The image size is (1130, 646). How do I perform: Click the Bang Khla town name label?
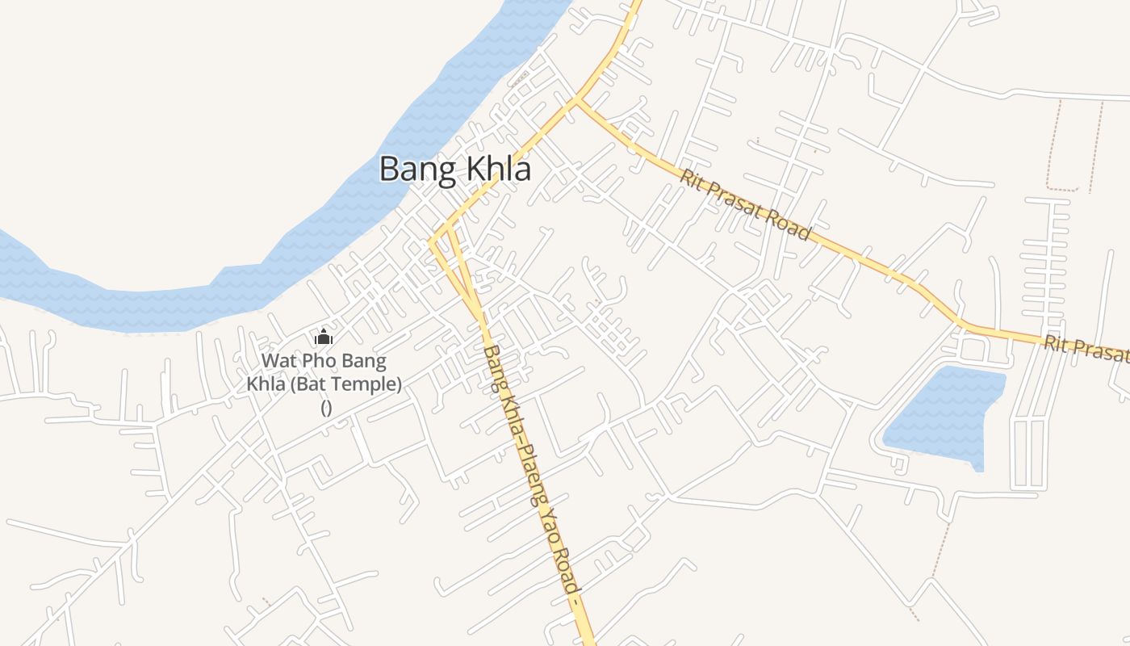point(455,170)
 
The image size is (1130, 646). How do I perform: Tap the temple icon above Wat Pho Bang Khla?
point(324,337)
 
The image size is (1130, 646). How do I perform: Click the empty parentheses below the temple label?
point(326,407)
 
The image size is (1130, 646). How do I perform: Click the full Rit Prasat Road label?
point(744,205)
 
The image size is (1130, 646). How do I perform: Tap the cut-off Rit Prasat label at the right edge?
point(1086,349)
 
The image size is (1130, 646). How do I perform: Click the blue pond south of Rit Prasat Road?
point(948,416)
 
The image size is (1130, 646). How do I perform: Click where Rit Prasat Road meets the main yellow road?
point(577,100)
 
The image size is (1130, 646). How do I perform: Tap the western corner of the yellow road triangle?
point(431,241)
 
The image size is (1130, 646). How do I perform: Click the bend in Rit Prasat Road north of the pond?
point(960,323)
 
